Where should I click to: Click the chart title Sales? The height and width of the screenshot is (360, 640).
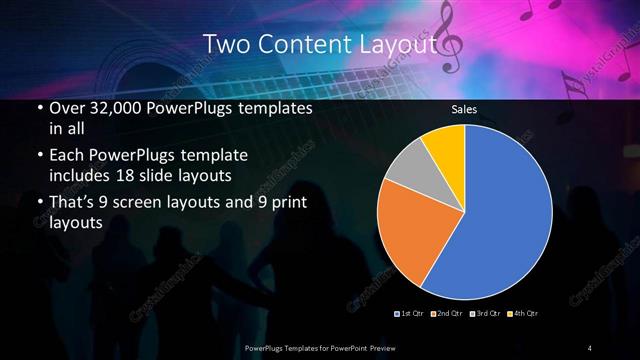[x=464, y=109]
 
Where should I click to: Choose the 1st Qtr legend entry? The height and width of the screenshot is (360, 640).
[x=411, y=314]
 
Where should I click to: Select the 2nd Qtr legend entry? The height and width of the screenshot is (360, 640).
[x=447, y=314]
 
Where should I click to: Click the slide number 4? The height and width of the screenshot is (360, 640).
[x=590, y=347]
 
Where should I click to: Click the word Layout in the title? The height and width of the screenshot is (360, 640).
[x=397, y=44]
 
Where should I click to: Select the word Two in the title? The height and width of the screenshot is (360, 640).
[x=223, y=44]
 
